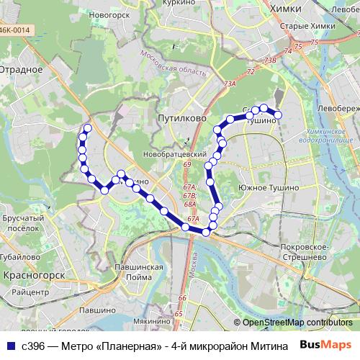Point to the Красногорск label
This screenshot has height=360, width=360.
coord(34,275)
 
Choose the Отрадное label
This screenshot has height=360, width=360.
coord(21,70)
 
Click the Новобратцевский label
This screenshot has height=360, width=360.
coord(174,155)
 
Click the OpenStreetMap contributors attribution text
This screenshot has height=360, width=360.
coord(297,323)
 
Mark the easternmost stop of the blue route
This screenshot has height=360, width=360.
coord(277,114)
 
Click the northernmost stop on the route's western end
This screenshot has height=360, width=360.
coord(88,129)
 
